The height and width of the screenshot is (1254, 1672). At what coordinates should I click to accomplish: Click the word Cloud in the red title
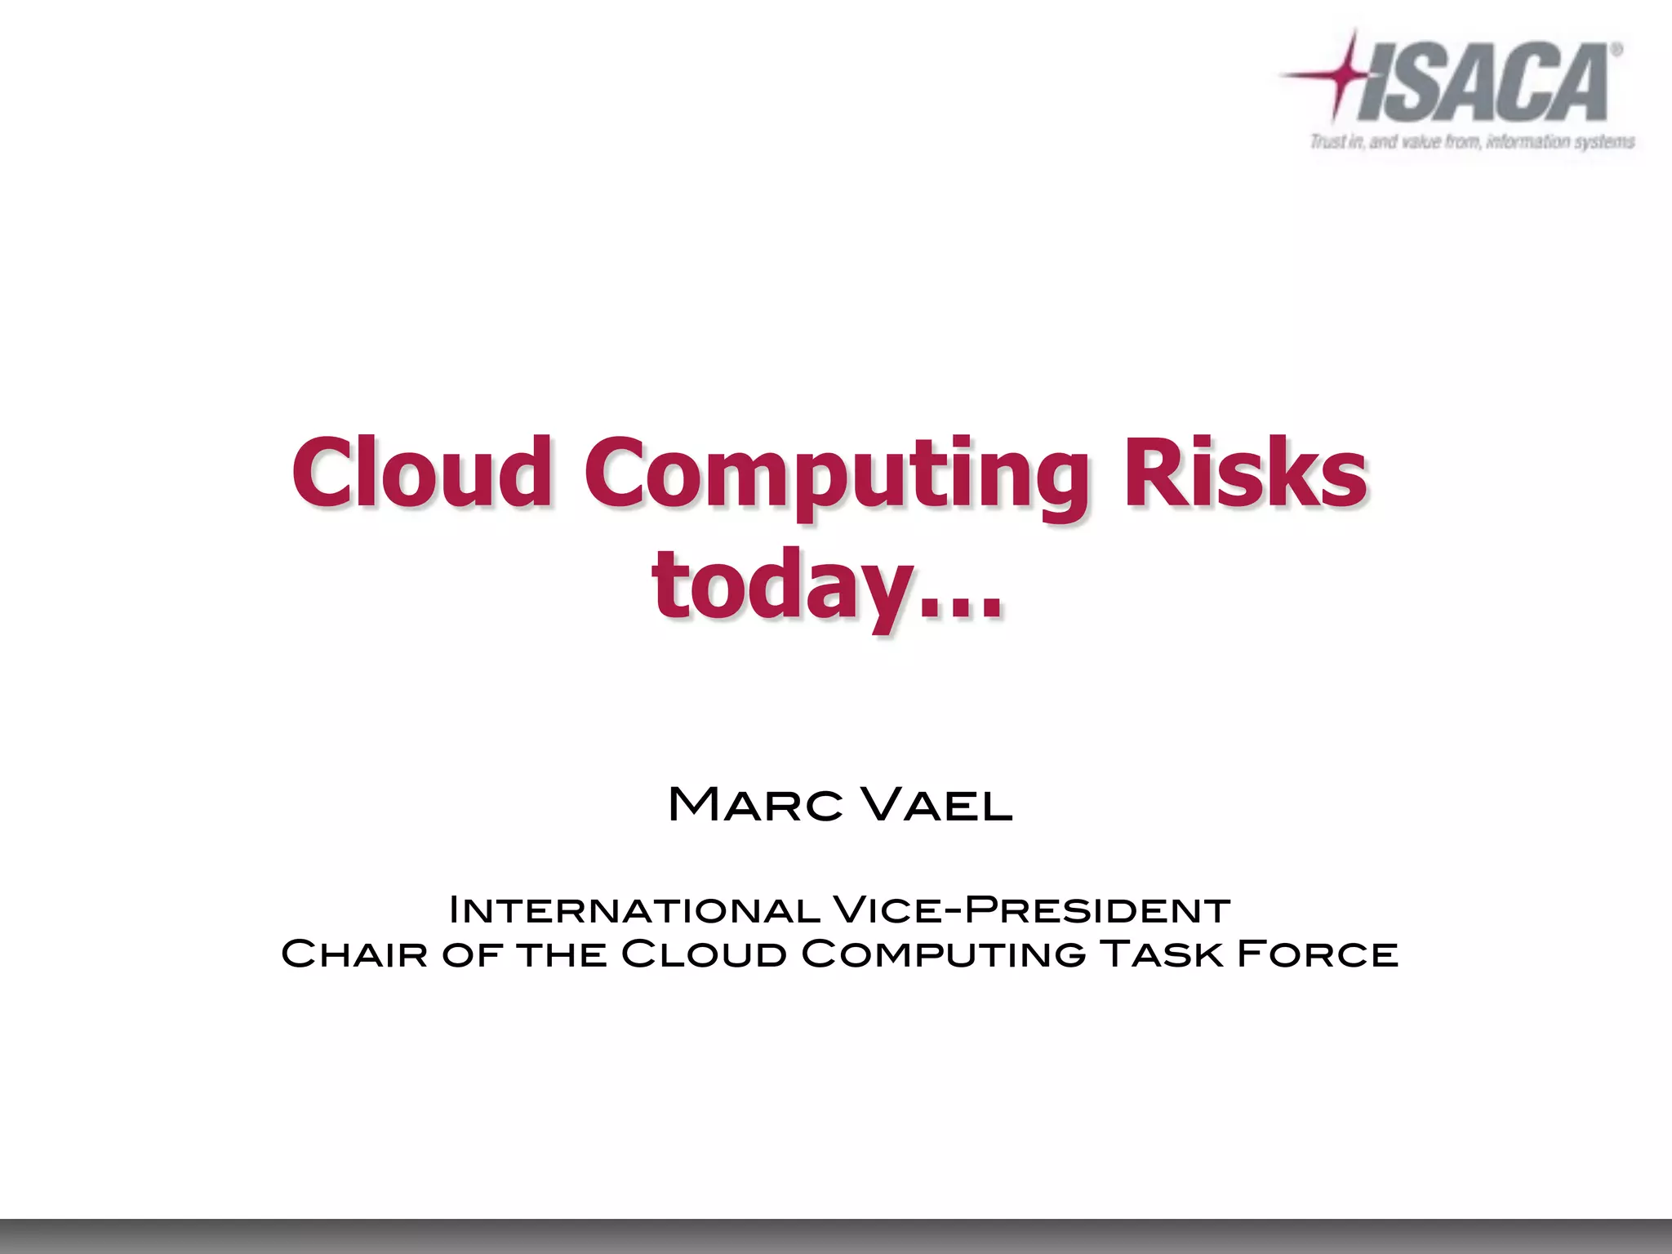[x=421, y=471]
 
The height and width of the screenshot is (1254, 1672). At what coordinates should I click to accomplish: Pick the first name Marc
[x=756, y=805]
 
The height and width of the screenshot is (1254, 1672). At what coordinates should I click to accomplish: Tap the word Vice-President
[x=1031, y=910]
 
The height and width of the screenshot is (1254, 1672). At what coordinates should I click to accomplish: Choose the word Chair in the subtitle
[x=354, y=954]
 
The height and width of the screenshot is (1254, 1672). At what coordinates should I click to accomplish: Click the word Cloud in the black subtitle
[x=703, y=954]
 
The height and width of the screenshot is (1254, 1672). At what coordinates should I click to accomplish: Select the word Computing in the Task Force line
[x=943, y=954]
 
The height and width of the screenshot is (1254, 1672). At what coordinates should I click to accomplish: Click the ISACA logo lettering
[x=1486, y=82]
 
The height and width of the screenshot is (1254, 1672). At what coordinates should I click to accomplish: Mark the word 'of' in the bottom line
[x=471, y=954]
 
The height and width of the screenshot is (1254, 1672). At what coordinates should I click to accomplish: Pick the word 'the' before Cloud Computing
[x=563, y=954]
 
